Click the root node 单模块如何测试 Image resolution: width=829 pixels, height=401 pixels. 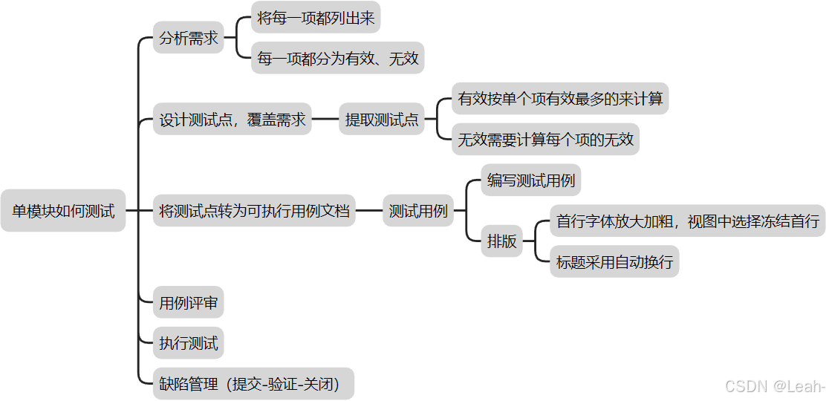63,211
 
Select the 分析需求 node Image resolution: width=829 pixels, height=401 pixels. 189,38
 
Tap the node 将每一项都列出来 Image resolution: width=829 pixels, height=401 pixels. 316,18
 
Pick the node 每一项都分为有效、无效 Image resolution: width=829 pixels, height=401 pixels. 338,58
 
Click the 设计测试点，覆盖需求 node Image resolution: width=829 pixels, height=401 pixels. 233,120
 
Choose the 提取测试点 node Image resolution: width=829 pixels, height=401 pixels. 382,120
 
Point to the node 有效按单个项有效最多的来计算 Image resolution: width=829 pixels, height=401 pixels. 560,99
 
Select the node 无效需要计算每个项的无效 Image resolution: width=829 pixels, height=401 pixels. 546,139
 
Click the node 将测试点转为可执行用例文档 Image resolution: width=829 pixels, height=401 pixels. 254,211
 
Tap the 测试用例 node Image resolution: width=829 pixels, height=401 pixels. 418,211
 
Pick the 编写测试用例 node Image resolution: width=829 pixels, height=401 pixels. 531,180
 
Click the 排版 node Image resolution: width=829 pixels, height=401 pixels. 501,241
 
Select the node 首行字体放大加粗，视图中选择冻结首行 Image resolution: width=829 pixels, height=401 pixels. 688,221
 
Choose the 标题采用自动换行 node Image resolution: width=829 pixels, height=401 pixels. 614,261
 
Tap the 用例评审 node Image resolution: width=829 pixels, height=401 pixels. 189,303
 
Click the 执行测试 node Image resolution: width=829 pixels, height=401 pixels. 189,343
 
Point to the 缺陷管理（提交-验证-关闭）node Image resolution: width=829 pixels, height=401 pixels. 253,384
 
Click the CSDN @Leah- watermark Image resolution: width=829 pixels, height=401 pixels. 775,386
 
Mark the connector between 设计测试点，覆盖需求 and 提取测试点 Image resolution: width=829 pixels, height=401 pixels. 325,120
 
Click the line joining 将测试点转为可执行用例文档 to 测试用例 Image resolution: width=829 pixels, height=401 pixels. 369,211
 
